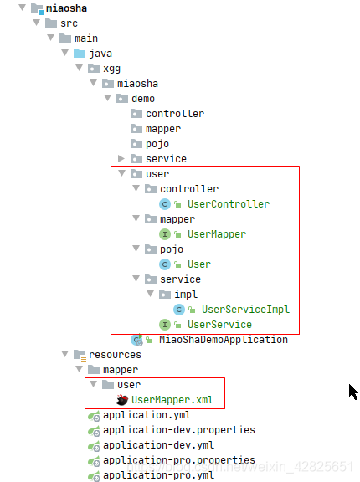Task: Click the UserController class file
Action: (x=229, y=204)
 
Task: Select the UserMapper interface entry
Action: (x=217, y=234)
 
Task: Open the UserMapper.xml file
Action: (x=172, y=400)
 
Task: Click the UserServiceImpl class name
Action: (x=245, y=310)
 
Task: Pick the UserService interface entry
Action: (x=219, y=325)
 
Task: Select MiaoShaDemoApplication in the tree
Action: (x=224, y=340)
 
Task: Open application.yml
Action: (x=147, y=415)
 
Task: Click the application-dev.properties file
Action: (x=179, y=430)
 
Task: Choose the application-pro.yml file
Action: (x=158, y=475)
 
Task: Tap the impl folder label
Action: (x=186, y=295)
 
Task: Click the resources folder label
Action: (x=115, y=355)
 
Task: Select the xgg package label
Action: (x=111, y=69)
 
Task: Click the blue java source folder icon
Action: (x=80, y=54)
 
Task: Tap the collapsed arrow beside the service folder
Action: (x=121, y=159)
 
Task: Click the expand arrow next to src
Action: (x=37, y=23)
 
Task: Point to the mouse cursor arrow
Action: (x=353, y=392)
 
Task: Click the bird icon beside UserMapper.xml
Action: (x=122, y=400)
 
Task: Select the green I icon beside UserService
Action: (x=165, y=325)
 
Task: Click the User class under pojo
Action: (x=199, y=264)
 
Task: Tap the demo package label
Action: (x=143, y=99)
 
